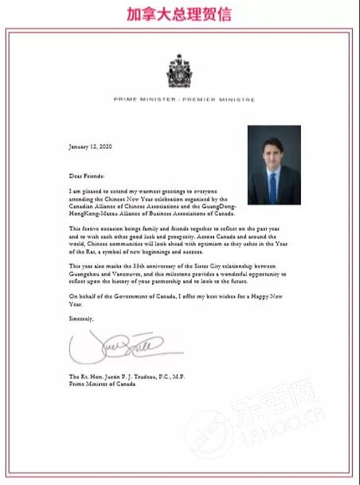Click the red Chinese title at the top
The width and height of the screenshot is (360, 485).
click(x=178, y=14)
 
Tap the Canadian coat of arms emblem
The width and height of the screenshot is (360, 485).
click(x=179, y=72)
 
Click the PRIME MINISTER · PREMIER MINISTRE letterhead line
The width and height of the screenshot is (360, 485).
click(x=184, y=100)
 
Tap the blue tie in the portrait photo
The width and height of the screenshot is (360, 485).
click(x=273, y=187)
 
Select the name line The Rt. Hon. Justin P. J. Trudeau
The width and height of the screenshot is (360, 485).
click(x=127, y=376)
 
